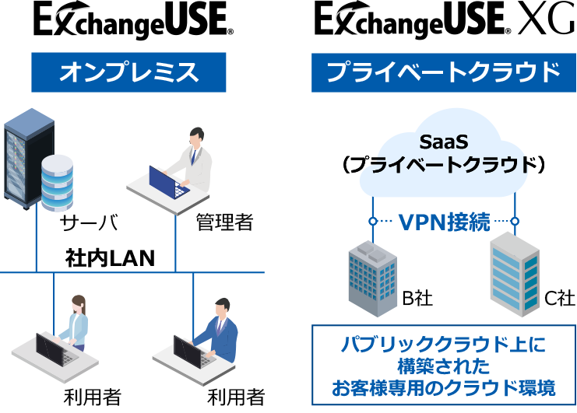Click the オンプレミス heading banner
[x=128, y=72]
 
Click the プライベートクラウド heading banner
[x=443, y=72]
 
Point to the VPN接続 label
[x=444, y=222]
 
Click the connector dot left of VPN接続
[x=373, y=222]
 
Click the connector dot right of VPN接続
[x=515, y=222]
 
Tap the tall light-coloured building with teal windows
[x=514, y=274]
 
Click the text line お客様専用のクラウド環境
[x=443, y=387]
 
